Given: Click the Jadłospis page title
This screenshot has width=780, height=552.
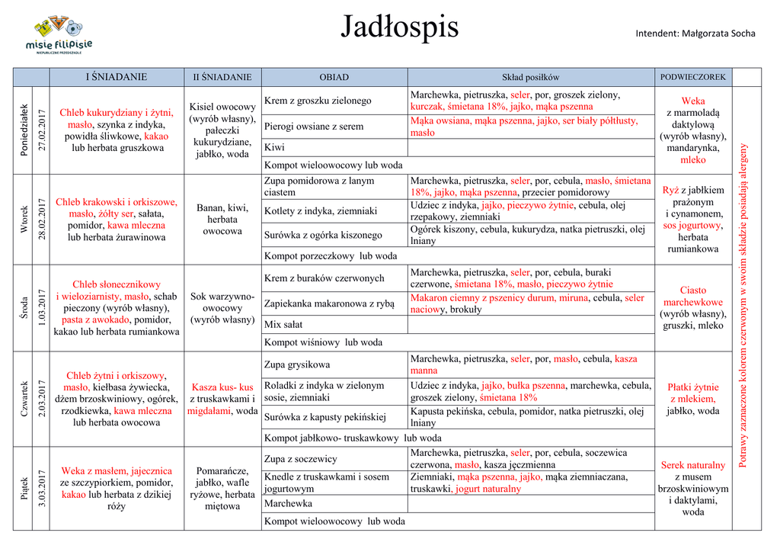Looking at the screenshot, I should [399, 27].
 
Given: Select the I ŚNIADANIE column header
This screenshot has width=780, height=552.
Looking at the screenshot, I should [116, 77].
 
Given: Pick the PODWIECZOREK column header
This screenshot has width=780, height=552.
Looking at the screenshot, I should [692, 77].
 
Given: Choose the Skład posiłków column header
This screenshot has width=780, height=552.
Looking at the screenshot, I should [530, 77].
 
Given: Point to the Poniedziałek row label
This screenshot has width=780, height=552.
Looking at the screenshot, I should [24, 130].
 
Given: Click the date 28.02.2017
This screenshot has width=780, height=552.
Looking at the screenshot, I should [42, 220].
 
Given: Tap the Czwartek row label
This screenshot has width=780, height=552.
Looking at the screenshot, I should [24, 399].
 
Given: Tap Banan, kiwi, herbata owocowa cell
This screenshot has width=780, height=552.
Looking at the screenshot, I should [222, 219].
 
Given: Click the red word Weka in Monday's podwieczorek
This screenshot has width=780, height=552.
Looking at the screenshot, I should [692, 101].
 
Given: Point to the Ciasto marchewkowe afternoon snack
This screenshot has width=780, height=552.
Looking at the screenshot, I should [692, 296].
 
